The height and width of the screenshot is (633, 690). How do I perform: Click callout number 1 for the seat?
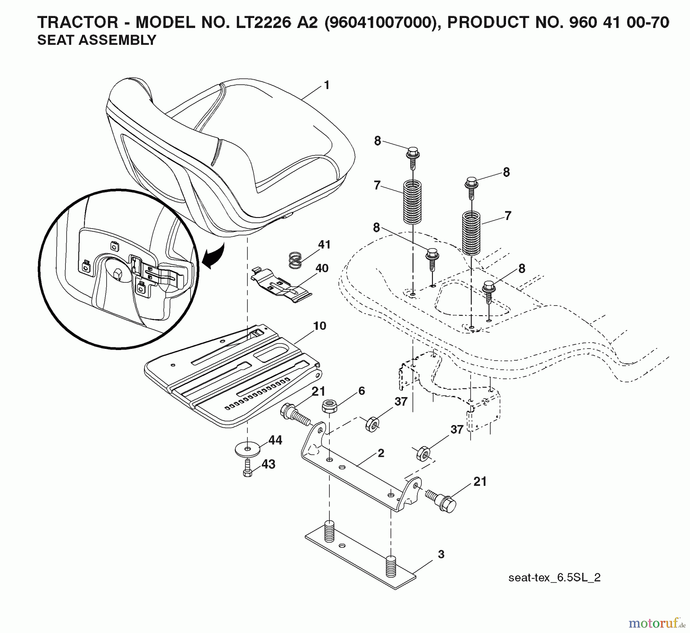coord(327,85)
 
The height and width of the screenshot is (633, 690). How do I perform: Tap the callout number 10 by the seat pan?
coord(319,326)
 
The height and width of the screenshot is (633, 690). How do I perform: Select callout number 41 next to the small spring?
coord(324,245)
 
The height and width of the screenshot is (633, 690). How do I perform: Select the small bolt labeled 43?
coord(247,469)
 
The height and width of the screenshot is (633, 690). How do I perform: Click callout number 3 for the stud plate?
coord(441,554)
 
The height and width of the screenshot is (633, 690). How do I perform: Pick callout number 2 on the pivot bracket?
coord(381,453)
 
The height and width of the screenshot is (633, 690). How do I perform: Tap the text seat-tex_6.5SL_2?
coord(554,577)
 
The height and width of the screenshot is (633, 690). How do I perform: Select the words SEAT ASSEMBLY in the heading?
coord(97,40)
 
